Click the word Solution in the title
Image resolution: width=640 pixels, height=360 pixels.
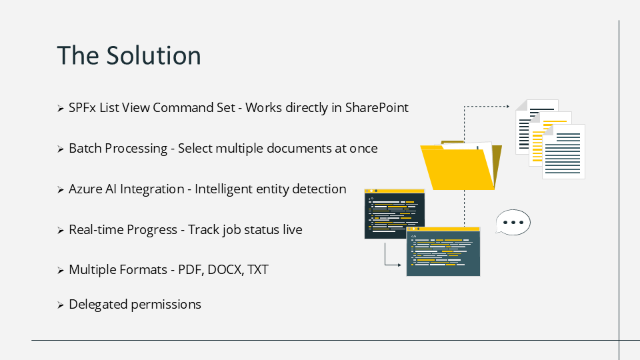(x=153, y=55)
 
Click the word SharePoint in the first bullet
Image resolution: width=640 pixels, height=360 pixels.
(x=377, y=107)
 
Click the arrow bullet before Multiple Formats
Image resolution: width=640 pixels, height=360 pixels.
(x=61, y=270)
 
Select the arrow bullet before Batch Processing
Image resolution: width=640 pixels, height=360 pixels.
(x=61, y=149)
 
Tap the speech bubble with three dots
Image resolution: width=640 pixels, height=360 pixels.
(x=513, y=223)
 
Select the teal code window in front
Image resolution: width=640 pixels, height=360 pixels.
(x=443, y=251)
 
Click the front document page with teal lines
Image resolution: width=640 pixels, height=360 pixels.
(x=564, y=152)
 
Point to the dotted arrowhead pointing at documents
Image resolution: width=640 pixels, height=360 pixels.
(x=508, y=107)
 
